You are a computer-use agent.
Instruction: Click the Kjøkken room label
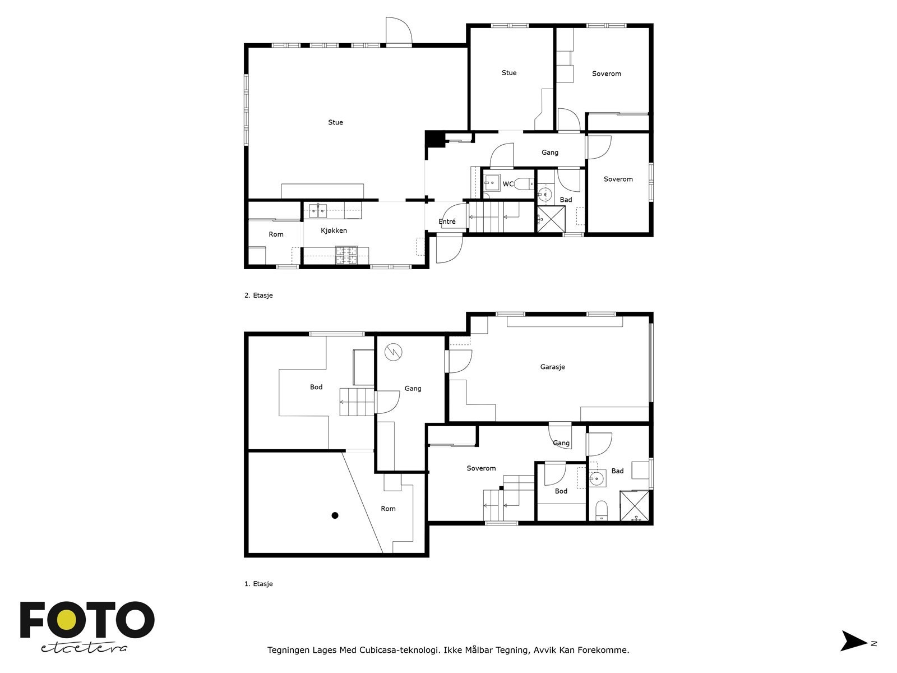tap(334, 231)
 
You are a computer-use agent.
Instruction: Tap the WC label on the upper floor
tap(508, 184)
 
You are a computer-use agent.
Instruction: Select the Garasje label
tap(552, 367)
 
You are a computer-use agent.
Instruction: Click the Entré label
tap(447, 222)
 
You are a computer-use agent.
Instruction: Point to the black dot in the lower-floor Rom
tap(335, 515)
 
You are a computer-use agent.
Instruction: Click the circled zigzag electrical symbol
tap(394, 352)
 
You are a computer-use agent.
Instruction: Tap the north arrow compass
tap(854, 641)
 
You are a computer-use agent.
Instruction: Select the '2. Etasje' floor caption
tap(258, 296)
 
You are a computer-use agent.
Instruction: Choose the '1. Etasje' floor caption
tap(258, 584)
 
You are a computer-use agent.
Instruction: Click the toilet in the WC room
tap(525, 183)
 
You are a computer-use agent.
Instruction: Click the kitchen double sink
tap(318, 211)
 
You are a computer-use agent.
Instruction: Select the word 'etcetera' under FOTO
tap(84, 648)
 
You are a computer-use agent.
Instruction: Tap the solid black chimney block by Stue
tap(433, 138)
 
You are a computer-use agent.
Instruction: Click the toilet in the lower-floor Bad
tap(600, 509)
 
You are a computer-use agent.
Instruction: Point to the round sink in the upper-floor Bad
tap(544, 195)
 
